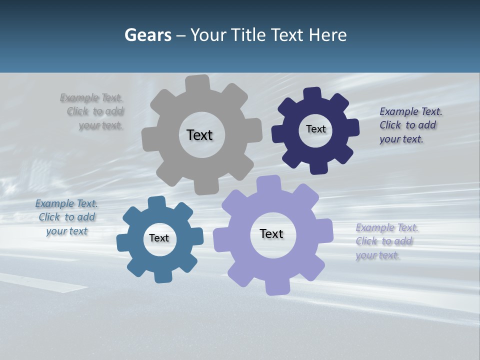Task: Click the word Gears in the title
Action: pos(147,35)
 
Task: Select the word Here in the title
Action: pos(327,35)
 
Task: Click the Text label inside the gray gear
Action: pos(199,135)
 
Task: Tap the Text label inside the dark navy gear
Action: pos(315,129)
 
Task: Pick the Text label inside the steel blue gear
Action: pos(159,238)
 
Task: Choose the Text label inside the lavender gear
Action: pos(271,233)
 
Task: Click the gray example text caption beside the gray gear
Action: pos(92,111)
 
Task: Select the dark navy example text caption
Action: pos(410,125)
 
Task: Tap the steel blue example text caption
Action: pos(66,217)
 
